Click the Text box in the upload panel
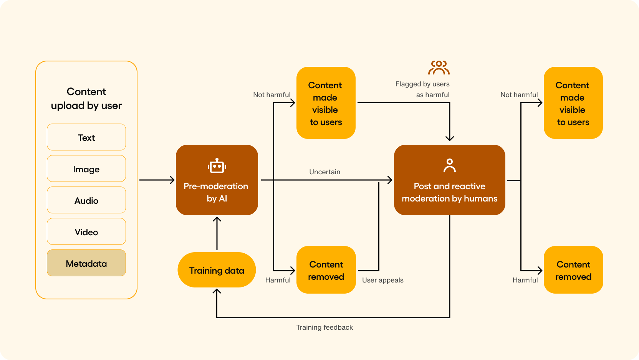coord(86,137)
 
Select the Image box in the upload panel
coord(86,169)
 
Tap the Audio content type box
coord(86,200)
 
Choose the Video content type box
coord(86,232)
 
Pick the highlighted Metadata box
coord(86,263)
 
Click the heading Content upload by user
coord(86,99)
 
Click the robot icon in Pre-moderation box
coord(217,166)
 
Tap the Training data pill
coord(217,270)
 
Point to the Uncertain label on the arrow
coord(324,172)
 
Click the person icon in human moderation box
coord(449,166)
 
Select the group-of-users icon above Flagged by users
coord(439,68)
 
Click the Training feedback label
coord(324,327)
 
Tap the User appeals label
coord(382,280)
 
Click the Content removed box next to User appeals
coord(326,270)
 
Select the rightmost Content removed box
coord(573,270)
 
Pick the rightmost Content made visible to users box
coord(573,103)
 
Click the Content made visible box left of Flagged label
coord(326,103)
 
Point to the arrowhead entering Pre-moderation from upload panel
coord(172,180)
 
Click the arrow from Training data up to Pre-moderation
coord(217,234)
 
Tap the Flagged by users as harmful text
coord(422,89)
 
